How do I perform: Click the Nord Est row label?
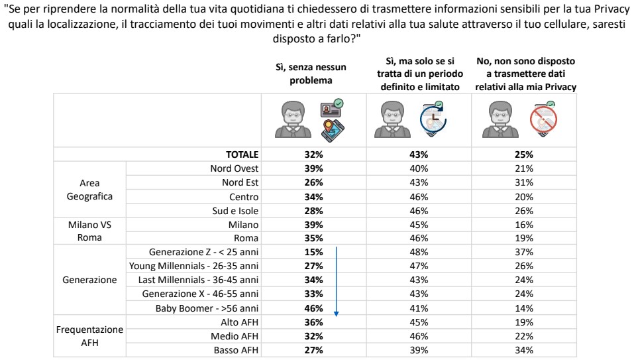(240, 182)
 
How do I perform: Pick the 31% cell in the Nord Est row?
(525, 182)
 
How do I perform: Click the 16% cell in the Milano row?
(525, 224)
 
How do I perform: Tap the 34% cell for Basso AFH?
(525, 350)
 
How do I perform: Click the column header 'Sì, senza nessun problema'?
(311, 74)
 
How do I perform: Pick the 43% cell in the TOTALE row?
(419, 154)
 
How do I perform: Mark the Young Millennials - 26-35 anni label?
(193, 266)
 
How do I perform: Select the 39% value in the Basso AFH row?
(419, 350)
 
